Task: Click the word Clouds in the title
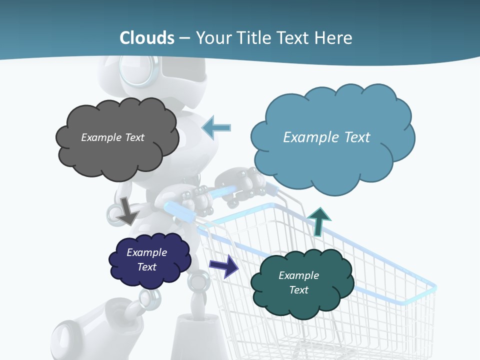tap(147, 38)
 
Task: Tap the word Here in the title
tap(334, 38)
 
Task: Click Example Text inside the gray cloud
tap(112, 137)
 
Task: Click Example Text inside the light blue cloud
tap(326, 137)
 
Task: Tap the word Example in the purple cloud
tap(146, 252)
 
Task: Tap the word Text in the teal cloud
tap(298, 290)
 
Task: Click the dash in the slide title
tap(184, 38)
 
